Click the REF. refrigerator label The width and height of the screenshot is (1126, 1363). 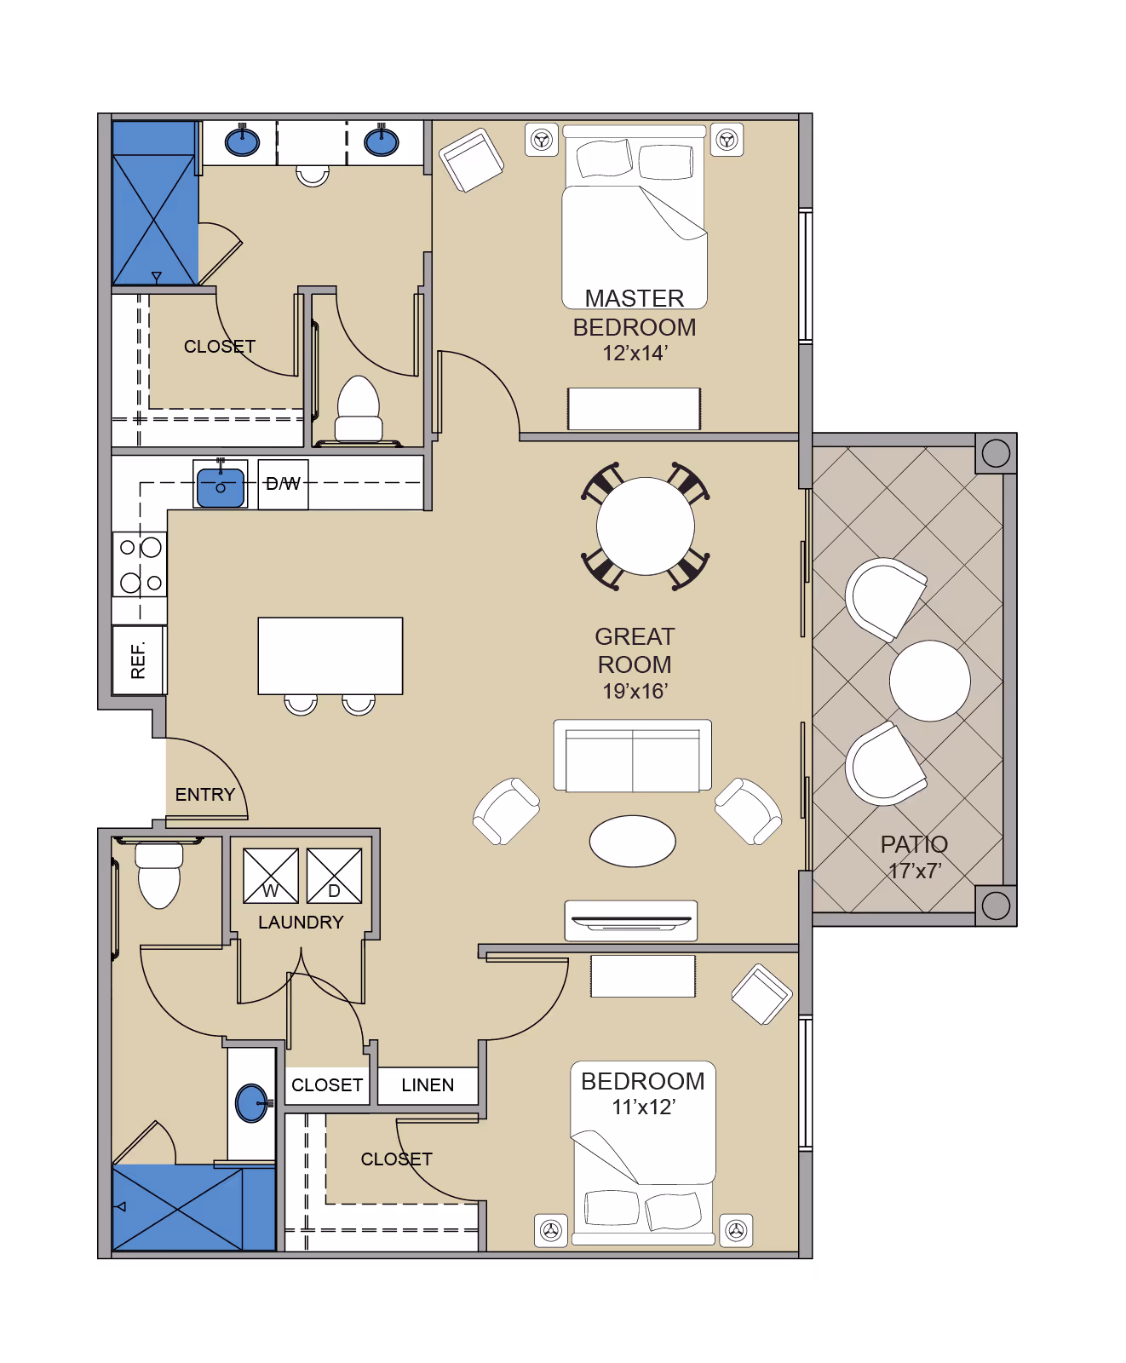[x=138, y=661]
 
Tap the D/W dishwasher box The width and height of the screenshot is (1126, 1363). [x=284, y=485]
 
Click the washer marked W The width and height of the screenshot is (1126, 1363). [x=271, y=876]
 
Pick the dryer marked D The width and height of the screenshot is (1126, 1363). [x=334, y=876]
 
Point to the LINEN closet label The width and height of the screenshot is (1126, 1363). [x=428, y=1085]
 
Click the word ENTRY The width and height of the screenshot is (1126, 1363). [x=205, y=795]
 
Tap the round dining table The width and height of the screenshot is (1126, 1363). [x=646, y=526]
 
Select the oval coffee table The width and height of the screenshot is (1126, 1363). [x=633, y=842]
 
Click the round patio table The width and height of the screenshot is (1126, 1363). [x=930, y=681]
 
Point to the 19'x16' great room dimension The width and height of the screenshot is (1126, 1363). [x=635, y=692]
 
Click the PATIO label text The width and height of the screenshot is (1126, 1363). [x=914, y=844]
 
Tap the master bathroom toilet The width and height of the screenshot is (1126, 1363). [x=359, y=410]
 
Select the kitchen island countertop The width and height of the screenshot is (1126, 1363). [x=330, y=656]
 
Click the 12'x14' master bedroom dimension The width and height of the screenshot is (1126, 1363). [x=635, y=354]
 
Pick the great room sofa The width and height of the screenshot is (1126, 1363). [x=633, y=756]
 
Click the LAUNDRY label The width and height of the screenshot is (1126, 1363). [x=301, y=923]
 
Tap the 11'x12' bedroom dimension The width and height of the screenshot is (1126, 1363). [x=644, y=1107]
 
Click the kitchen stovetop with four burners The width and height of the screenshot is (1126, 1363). [x=140, y=565]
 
